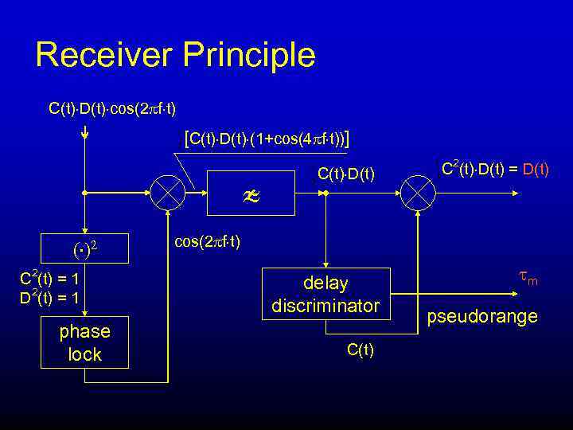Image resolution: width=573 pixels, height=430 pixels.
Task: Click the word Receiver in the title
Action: coord(103,55)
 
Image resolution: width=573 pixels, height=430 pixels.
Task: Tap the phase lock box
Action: coord(84,343)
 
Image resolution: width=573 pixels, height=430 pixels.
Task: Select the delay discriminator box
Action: coord(326,294)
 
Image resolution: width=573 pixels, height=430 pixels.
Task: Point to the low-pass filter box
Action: coord(251,192)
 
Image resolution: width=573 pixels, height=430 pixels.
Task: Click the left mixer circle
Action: coord(169,193)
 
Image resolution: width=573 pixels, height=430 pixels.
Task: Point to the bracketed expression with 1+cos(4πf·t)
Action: coord(267,140)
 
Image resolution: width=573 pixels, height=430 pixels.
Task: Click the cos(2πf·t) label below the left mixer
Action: coord(207,241)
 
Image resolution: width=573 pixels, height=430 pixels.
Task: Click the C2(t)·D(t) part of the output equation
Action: coord(470,168)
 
